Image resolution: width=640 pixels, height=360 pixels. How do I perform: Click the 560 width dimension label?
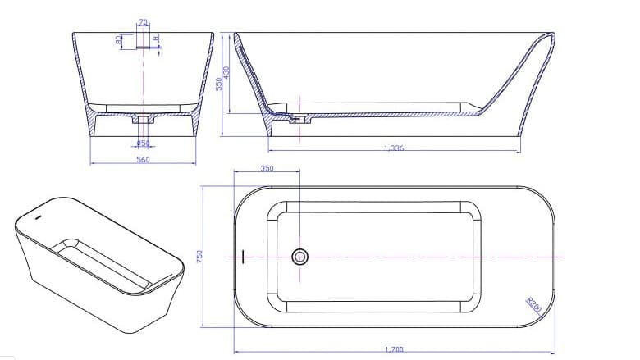pyautogui.click(x=142, y=160)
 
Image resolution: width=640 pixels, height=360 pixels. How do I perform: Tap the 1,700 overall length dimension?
pyautogui.click(x=394, y=349)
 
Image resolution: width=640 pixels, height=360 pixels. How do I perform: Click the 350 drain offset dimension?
pyautogui.click(x=267, y=168)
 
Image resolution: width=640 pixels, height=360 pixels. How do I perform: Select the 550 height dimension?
pyautogui.click(x=219, y=84)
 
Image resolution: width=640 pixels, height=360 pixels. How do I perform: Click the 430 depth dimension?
pyautogui.click(x=227, y=71)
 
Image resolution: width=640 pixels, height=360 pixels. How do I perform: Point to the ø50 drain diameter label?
pyautogui.click(x=142, y=143)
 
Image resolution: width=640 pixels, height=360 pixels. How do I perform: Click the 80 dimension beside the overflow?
pyautogui.click(x=119, y=39)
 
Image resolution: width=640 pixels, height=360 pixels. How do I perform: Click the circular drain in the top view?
pyautogui.click(x=299, y=257)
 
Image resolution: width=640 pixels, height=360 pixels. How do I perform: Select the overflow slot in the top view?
pyautogui.click(x=243, y=257)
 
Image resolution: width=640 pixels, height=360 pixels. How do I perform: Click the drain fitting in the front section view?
pyautogui.click(x=144, y=121)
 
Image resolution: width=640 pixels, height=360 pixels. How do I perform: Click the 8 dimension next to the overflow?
pyautogui.click(x=155, y=37)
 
